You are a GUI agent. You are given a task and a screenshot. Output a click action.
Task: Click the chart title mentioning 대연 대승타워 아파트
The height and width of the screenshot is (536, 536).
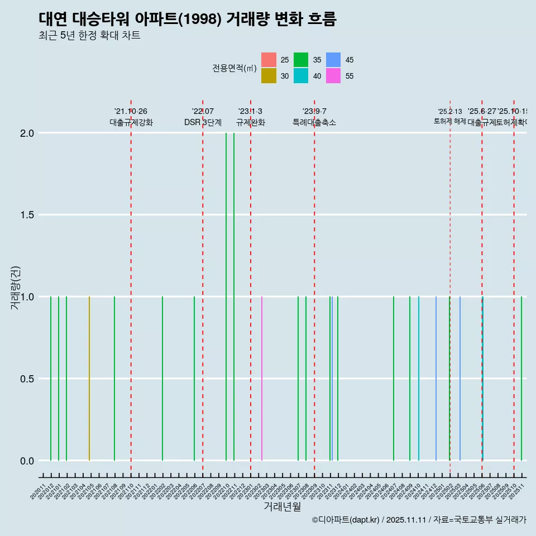pos(188,19)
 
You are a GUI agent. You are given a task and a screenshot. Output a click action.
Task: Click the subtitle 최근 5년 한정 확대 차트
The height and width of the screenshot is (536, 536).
pos(89,36)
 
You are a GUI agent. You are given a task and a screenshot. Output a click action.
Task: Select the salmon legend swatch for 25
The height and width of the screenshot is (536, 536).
pos(269,60)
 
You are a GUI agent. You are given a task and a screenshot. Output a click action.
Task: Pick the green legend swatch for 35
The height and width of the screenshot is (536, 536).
pos(301,60)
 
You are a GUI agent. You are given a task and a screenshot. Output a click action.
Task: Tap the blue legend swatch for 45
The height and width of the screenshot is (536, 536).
pos(333,60)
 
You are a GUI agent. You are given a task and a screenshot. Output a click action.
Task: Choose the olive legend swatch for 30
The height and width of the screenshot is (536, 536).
pos(269,76)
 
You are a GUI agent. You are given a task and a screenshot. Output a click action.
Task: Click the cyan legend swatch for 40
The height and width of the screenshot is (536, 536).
pos(301,76)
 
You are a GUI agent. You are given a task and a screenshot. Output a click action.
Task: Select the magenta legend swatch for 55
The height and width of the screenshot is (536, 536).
pos(333,76)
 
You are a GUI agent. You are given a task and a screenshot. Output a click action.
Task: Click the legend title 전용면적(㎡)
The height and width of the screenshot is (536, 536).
pos(234,68)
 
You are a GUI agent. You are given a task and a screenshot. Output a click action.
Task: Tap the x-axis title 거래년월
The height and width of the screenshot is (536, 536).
pos(282,506)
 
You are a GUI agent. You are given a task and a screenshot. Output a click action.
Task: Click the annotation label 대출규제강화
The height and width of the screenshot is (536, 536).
pos(131,122)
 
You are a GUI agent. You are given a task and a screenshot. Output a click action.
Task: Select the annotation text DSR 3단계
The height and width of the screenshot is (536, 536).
pos(203,122)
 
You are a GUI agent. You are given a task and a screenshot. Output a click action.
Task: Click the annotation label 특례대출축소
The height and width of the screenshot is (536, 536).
pos(314,122)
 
